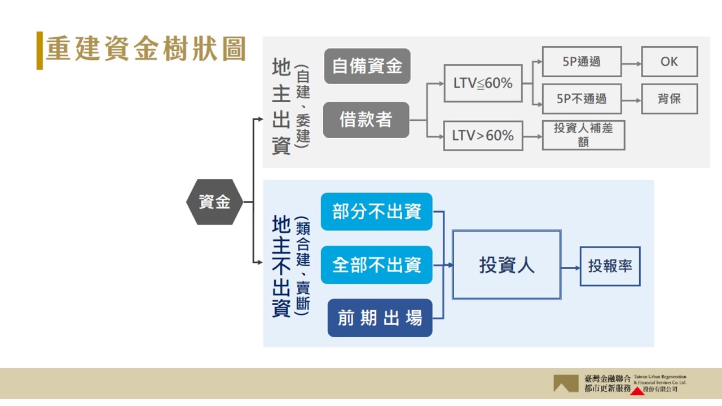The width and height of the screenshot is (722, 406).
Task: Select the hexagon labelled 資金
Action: [x=215, y=202]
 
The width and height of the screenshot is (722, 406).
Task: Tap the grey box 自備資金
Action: [x=367, y=66]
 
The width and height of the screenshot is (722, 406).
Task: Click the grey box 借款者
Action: [x=366, y=120]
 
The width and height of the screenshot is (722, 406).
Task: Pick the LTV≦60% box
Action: [x=483, y=83]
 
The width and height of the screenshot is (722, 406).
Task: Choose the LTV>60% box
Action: [x=483, y=136]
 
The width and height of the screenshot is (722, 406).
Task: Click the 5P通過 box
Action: [x=582, y=61]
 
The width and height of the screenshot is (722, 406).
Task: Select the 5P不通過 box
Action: [x=582, y=99]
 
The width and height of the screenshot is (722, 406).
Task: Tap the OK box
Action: [x=669, y=61]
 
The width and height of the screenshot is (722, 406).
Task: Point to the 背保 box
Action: [x=669, y=99]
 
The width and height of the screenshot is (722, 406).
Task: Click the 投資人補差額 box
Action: [x=583, y=135]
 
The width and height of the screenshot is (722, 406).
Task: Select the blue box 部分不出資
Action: [x=376, y=211]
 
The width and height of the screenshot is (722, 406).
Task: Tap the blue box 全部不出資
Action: [x=376, y=265]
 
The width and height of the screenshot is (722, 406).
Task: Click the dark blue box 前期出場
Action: [x=380, y=318]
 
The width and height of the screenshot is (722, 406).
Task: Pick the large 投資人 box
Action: [x=507, y=264]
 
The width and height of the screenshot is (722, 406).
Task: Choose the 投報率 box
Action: [x=610, y=266]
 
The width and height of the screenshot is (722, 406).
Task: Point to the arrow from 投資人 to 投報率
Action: [x=570, y=267]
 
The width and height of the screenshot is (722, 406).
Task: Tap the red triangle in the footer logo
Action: [x=638, y=390]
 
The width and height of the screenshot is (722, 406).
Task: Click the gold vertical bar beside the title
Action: [x=39, y=50]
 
